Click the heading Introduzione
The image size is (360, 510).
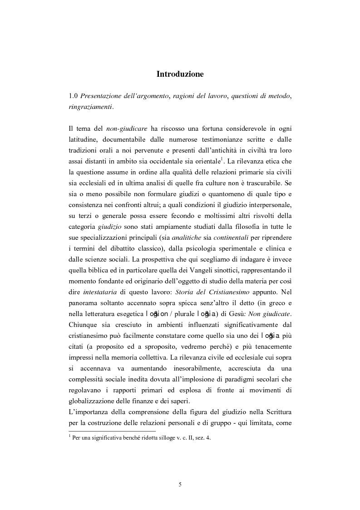(x=180, y=74)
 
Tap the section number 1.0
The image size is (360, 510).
(x=74, y=96)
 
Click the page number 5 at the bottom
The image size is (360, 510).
(x=180, y=485)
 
